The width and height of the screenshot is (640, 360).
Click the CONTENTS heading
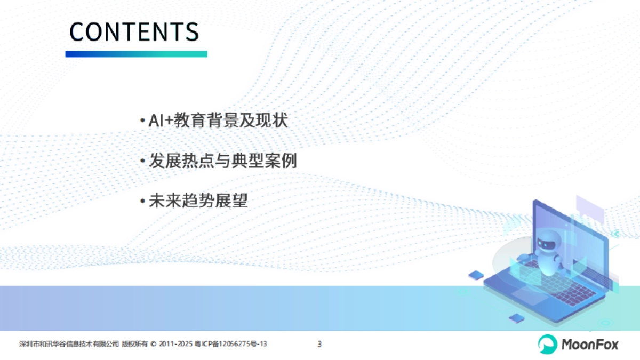click(x=134, y=32)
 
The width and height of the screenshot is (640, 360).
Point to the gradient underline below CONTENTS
click(x=136, y=54)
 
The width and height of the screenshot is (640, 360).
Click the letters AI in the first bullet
click(x=155, y=121)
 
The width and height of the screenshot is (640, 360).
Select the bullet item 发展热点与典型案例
click(x=222, y=161)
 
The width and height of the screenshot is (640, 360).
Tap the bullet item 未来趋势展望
click(x=198, y=201)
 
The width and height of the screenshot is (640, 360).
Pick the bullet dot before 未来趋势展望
click(x=142, y=202)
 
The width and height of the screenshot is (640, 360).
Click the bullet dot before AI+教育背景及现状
click(x=142, y=121)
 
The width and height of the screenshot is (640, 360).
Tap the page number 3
click(x=319, y=344)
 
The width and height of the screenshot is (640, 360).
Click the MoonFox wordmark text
click(x=589, y=344)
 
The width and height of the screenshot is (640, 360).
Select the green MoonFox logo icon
click(x=547, y=344)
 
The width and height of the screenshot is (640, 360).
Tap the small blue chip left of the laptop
click(x=476, y=275)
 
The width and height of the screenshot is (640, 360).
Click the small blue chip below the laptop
click(x=516, y=318)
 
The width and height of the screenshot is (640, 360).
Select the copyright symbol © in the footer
click(x=154, y=345)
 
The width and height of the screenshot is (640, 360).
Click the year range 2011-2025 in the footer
click(x=175, y=345)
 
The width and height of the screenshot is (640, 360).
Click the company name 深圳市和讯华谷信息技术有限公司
click(x=69, y=345)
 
